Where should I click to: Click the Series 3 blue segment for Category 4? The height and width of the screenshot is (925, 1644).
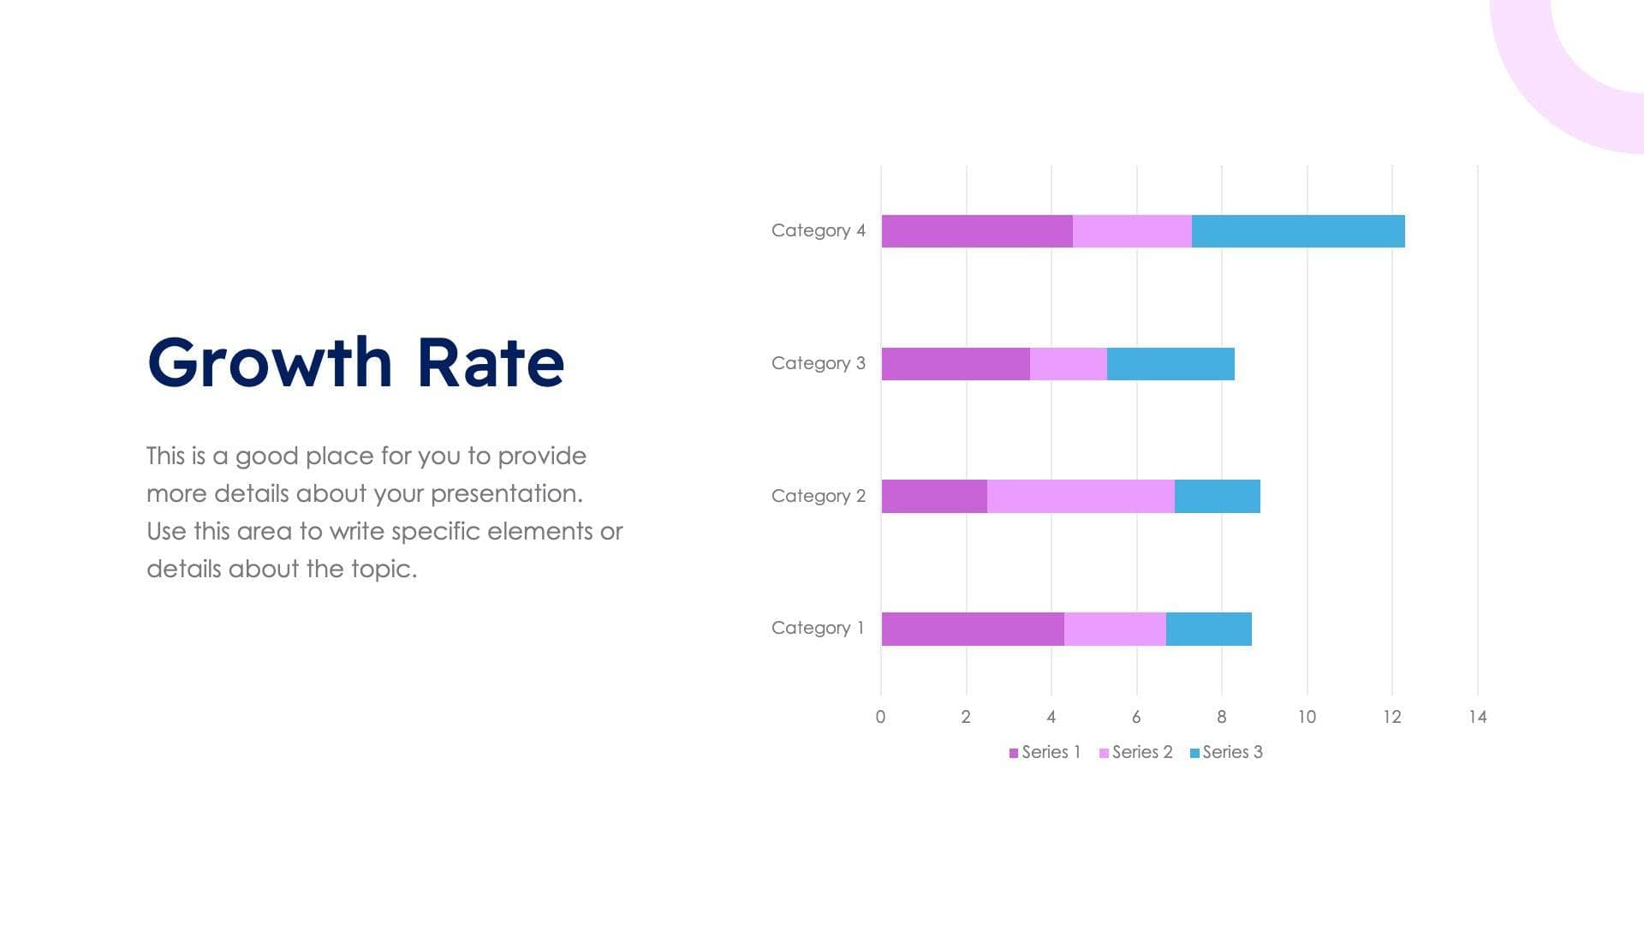click(x=1298, y=231)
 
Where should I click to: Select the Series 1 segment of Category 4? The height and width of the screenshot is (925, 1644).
click(x=977, y=231)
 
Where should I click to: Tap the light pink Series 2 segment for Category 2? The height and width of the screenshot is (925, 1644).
click(x=1081, y=496)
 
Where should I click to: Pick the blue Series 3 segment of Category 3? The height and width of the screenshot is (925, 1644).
click(x=1170, y=364)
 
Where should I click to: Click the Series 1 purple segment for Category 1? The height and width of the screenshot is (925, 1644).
click(x=973, y=629)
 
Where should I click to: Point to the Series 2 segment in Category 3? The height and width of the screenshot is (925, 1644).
click(x=1068, y=364)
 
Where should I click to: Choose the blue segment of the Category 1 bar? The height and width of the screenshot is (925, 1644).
click(x=1208, y=629)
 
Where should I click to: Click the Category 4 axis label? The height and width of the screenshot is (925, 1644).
click(x=818, y=230)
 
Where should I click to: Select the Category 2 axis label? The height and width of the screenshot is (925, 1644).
click(x=818, y=496)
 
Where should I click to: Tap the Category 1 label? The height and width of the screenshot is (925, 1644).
click(x=818, y=628)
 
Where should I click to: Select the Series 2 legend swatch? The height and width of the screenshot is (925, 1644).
click(x=1104, y=753)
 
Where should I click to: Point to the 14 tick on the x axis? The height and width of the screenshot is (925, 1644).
click(x=1477, y=717)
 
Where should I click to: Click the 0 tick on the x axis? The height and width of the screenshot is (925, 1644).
click(x=880, y=717)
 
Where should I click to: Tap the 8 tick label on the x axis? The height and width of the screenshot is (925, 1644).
click(x=1221, y=717)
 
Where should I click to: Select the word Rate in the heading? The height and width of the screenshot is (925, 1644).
click(x=491, y=362)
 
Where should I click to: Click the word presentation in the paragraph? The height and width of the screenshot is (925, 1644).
click(x=505, y=493)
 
